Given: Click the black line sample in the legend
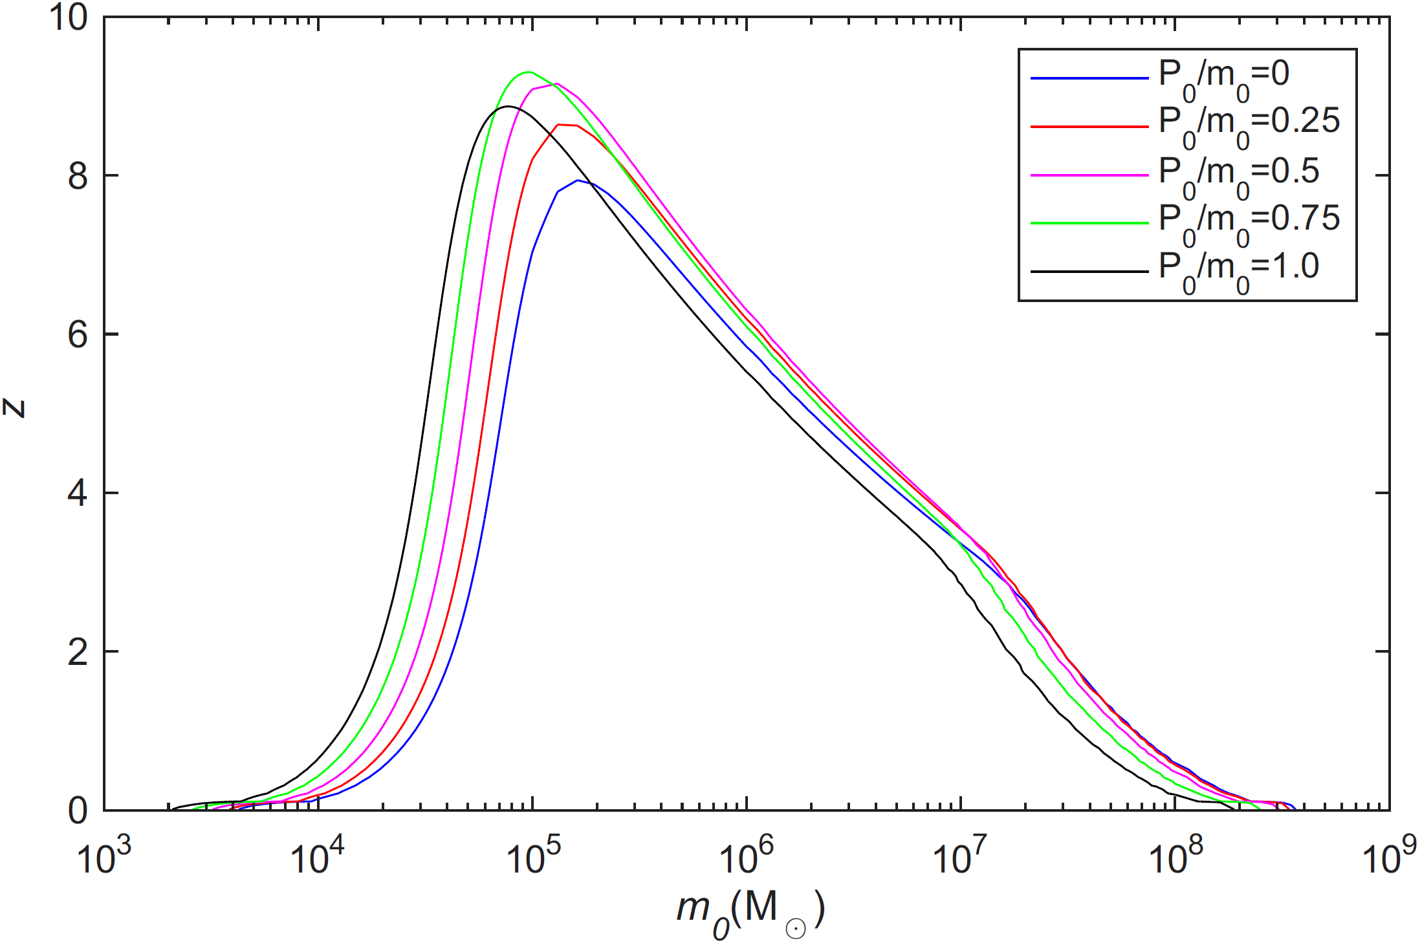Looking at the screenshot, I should pyautogui.click(x=1089, y=271).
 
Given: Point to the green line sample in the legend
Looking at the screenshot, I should pyautogui.click(x=1089, y=223).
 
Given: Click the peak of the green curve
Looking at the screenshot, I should pyautogui.click(x=529, y=72).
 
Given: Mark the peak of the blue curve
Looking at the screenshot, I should pyautogui.click(x=578, y=180).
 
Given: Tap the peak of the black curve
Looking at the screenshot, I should pyautogui.click(x=509, y=106).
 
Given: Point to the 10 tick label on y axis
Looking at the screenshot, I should pyautogui.click(x=67, y=17).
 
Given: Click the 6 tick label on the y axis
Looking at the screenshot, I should pyautogui.click(x=78, y=334).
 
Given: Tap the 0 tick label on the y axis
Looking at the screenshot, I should pyautogui.click(x=78, y=810).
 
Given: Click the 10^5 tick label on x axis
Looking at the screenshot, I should pyautogui.click(x=532, y=856).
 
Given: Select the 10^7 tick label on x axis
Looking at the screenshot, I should pyautogui.click(x=960, y=856).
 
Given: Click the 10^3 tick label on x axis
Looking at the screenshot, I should pyautogui.click(x=104, y=856).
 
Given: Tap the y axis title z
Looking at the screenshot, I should pyautogui.click(x=14, y=408).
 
